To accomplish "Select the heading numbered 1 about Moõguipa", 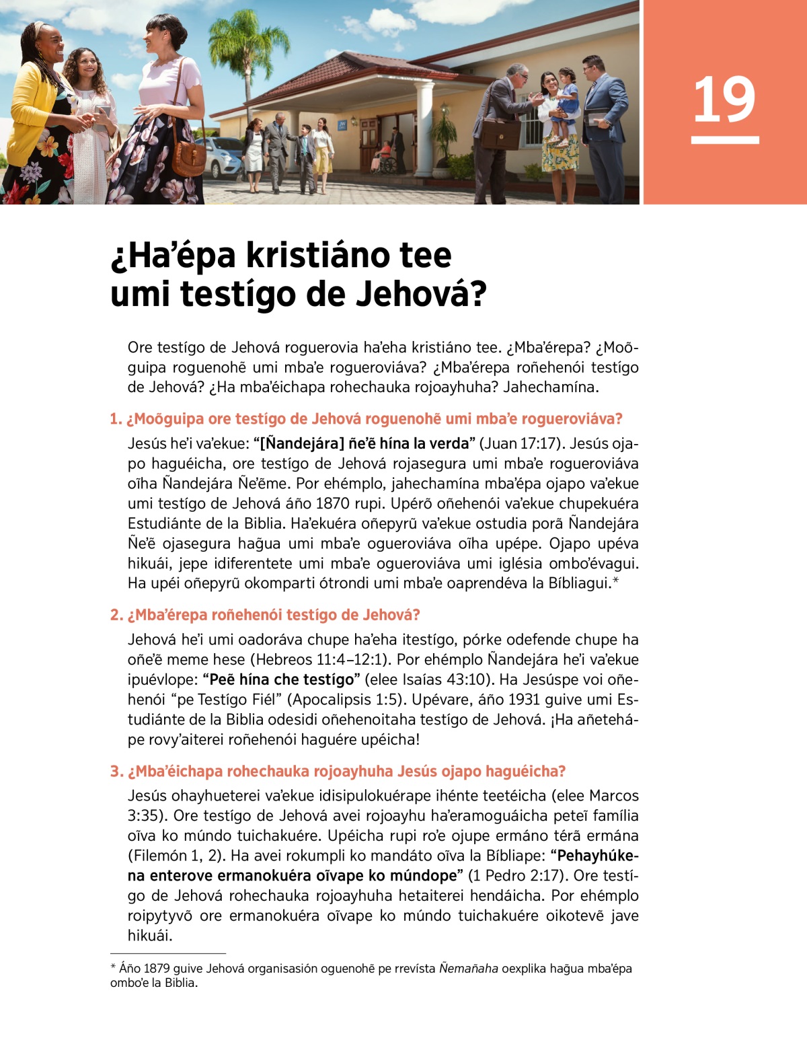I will point(367,419).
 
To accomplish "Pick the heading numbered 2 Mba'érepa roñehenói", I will point(266,615).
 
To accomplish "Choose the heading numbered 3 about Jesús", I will point(338,771).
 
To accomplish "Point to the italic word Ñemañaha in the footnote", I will point(469,969).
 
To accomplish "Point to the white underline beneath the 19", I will point(725,140).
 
